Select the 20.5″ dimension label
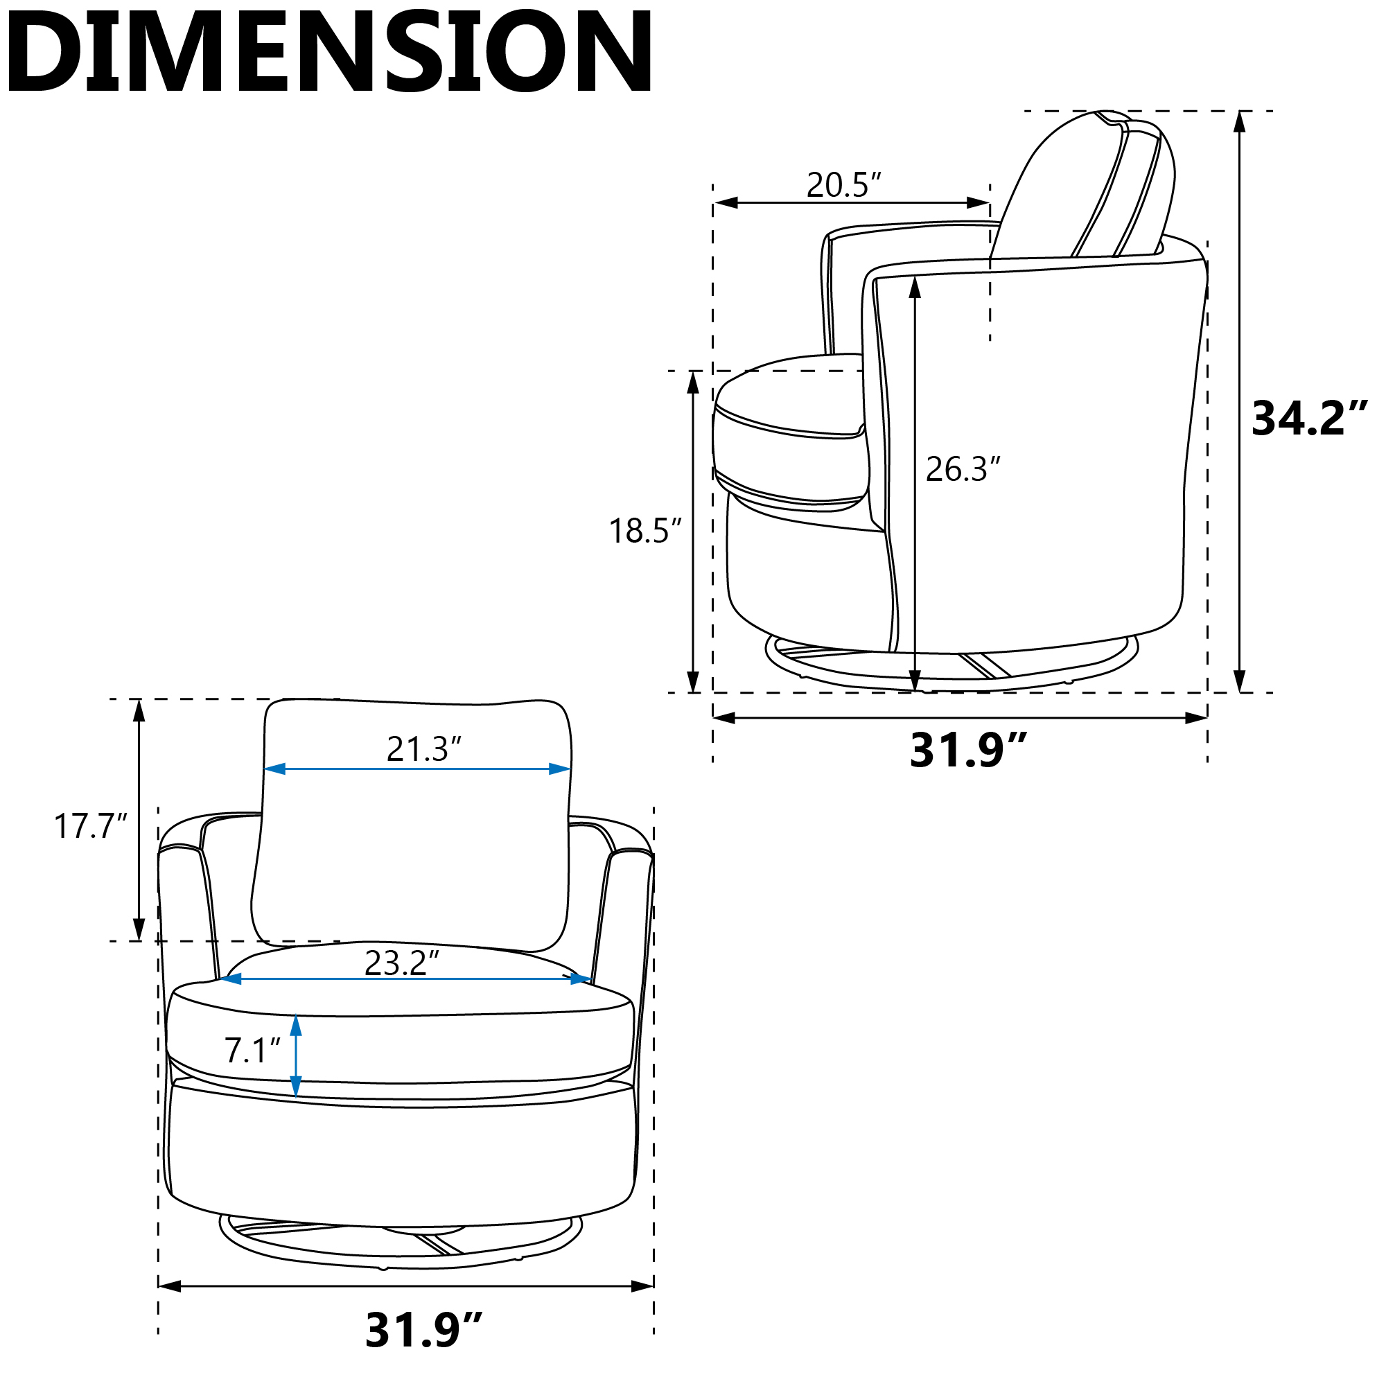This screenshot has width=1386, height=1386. click(x=843, y=185)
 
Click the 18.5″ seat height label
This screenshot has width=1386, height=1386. click(x=645, y=532)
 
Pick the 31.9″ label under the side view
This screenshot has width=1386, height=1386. click(x=969, y=751)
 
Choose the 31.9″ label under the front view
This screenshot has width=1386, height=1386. click(x=424, y=1329)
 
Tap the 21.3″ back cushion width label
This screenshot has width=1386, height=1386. click(x=423, y=749)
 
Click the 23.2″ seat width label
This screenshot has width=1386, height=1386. click(x=401, y=963)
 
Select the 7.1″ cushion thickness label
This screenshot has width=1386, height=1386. click(x=252, y=1051)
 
